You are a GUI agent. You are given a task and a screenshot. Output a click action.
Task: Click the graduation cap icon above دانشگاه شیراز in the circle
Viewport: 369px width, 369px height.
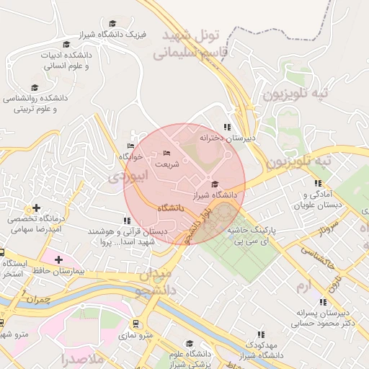point(214,184)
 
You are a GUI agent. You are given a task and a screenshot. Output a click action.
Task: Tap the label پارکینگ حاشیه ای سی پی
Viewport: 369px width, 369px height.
point(252,234)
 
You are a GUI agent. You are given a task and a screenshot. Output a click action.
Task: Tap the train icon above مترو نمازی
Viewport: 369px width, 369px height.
point(135,324)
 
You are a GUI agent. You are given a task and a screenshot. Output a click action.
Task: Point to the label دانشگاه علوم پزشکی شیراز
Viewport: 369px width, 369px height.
point(190,359)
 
